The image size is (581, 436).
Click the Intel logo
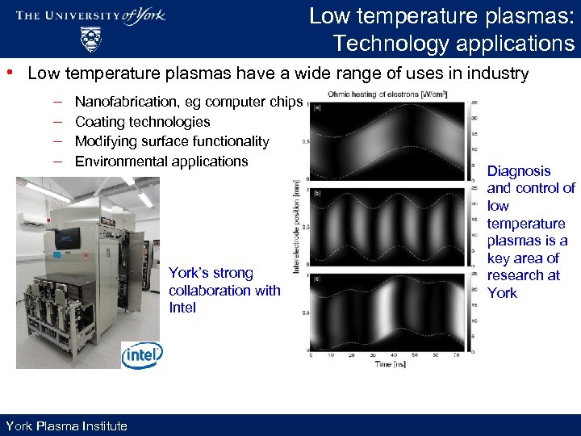tap(142, 354)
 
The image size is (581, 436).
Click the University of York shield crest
tap(90, 38)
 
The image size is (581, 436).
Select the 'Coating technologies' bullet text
tap(142, 122)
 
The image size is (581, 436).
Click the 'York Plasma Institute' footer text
tap(66, 426)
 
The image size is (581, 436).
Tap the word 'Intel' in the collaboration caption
tap(182, 308)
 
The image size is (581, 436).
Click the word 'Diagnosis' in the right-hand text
tap(519, 171)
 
